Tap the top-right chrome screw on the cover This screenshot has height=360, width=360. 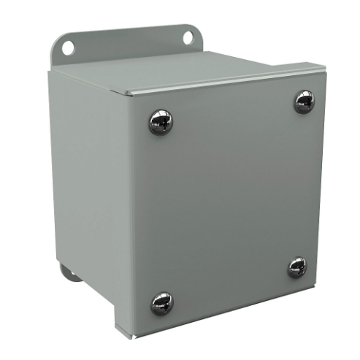pyautogui.click(x=305, y=101)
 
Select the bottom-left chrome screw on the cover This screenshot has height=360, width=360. pyautogui.click(x=161, y=302)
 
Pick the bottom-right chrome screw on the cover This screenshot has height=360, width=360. pyautogui.click(x=297, y=267)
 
